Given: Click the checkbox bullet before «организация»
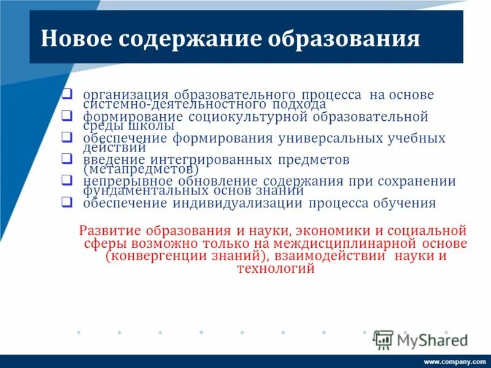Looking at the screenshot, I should coord(68,93).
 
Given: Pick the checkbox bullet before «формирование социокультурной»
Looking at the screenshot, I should coord(68,115).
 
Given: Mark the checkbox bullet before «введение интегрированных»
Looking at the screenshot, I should coord(68,158).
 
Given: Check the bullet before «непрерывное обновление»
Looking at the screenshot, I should coord(68,180).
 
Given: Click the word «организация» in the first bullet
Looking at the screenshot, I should coord(126,95).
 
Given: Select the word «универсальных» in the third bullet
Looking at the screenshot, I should coord(331,138).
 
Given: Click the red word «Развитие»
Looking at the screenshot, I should coord(109,231).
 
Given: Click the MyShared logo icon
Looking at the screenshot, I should coord(383,339).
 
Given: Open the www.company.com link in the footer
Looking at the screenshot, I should coord(454,362).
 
